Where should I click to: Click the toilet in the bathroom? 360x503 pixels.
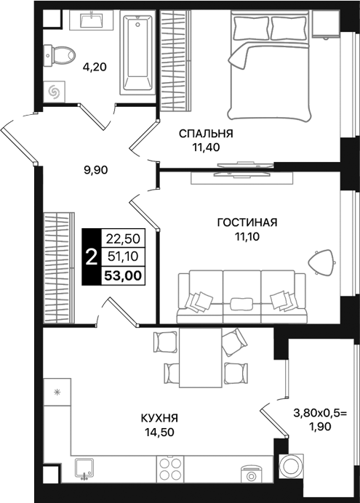coord(60,55)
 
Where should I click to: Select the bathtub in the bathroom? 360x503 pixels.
coord(137,52)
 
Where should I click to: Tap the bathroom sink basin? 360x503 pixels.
coord(92,20)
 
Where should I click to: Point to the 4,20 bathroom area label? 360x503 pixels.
coord(95,68)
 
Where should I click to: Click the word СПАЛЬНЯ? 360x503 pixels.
coord(206,134)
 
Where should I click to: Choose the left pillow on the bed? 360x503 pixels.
coord(251,28)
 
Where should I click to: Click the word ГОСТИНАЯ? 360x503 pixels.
coord(247,222)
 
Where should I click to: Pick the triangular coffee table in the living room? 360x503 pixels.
coord(321,262)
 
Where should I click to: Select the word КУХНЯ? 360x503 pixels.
coord(159,418)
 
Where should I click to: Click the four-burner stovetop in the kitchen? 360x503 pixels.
coord(170,469)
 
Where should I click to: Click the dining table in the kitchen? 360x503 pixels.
coord(201,358)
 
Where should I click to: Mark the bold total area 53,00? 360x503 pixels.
coord(123,275)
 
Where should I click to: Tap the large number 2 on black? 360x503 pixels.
coord(92,257)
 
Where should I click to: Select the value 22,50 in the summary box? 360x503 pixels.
coord(123,238)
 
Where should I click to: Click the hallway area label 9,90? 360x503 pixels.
coord(95,170)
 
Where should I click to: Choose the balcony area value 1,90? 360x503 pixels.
coord(320,427)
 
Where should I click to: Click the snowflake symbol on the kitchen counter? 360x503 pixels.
coord(57,392)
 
